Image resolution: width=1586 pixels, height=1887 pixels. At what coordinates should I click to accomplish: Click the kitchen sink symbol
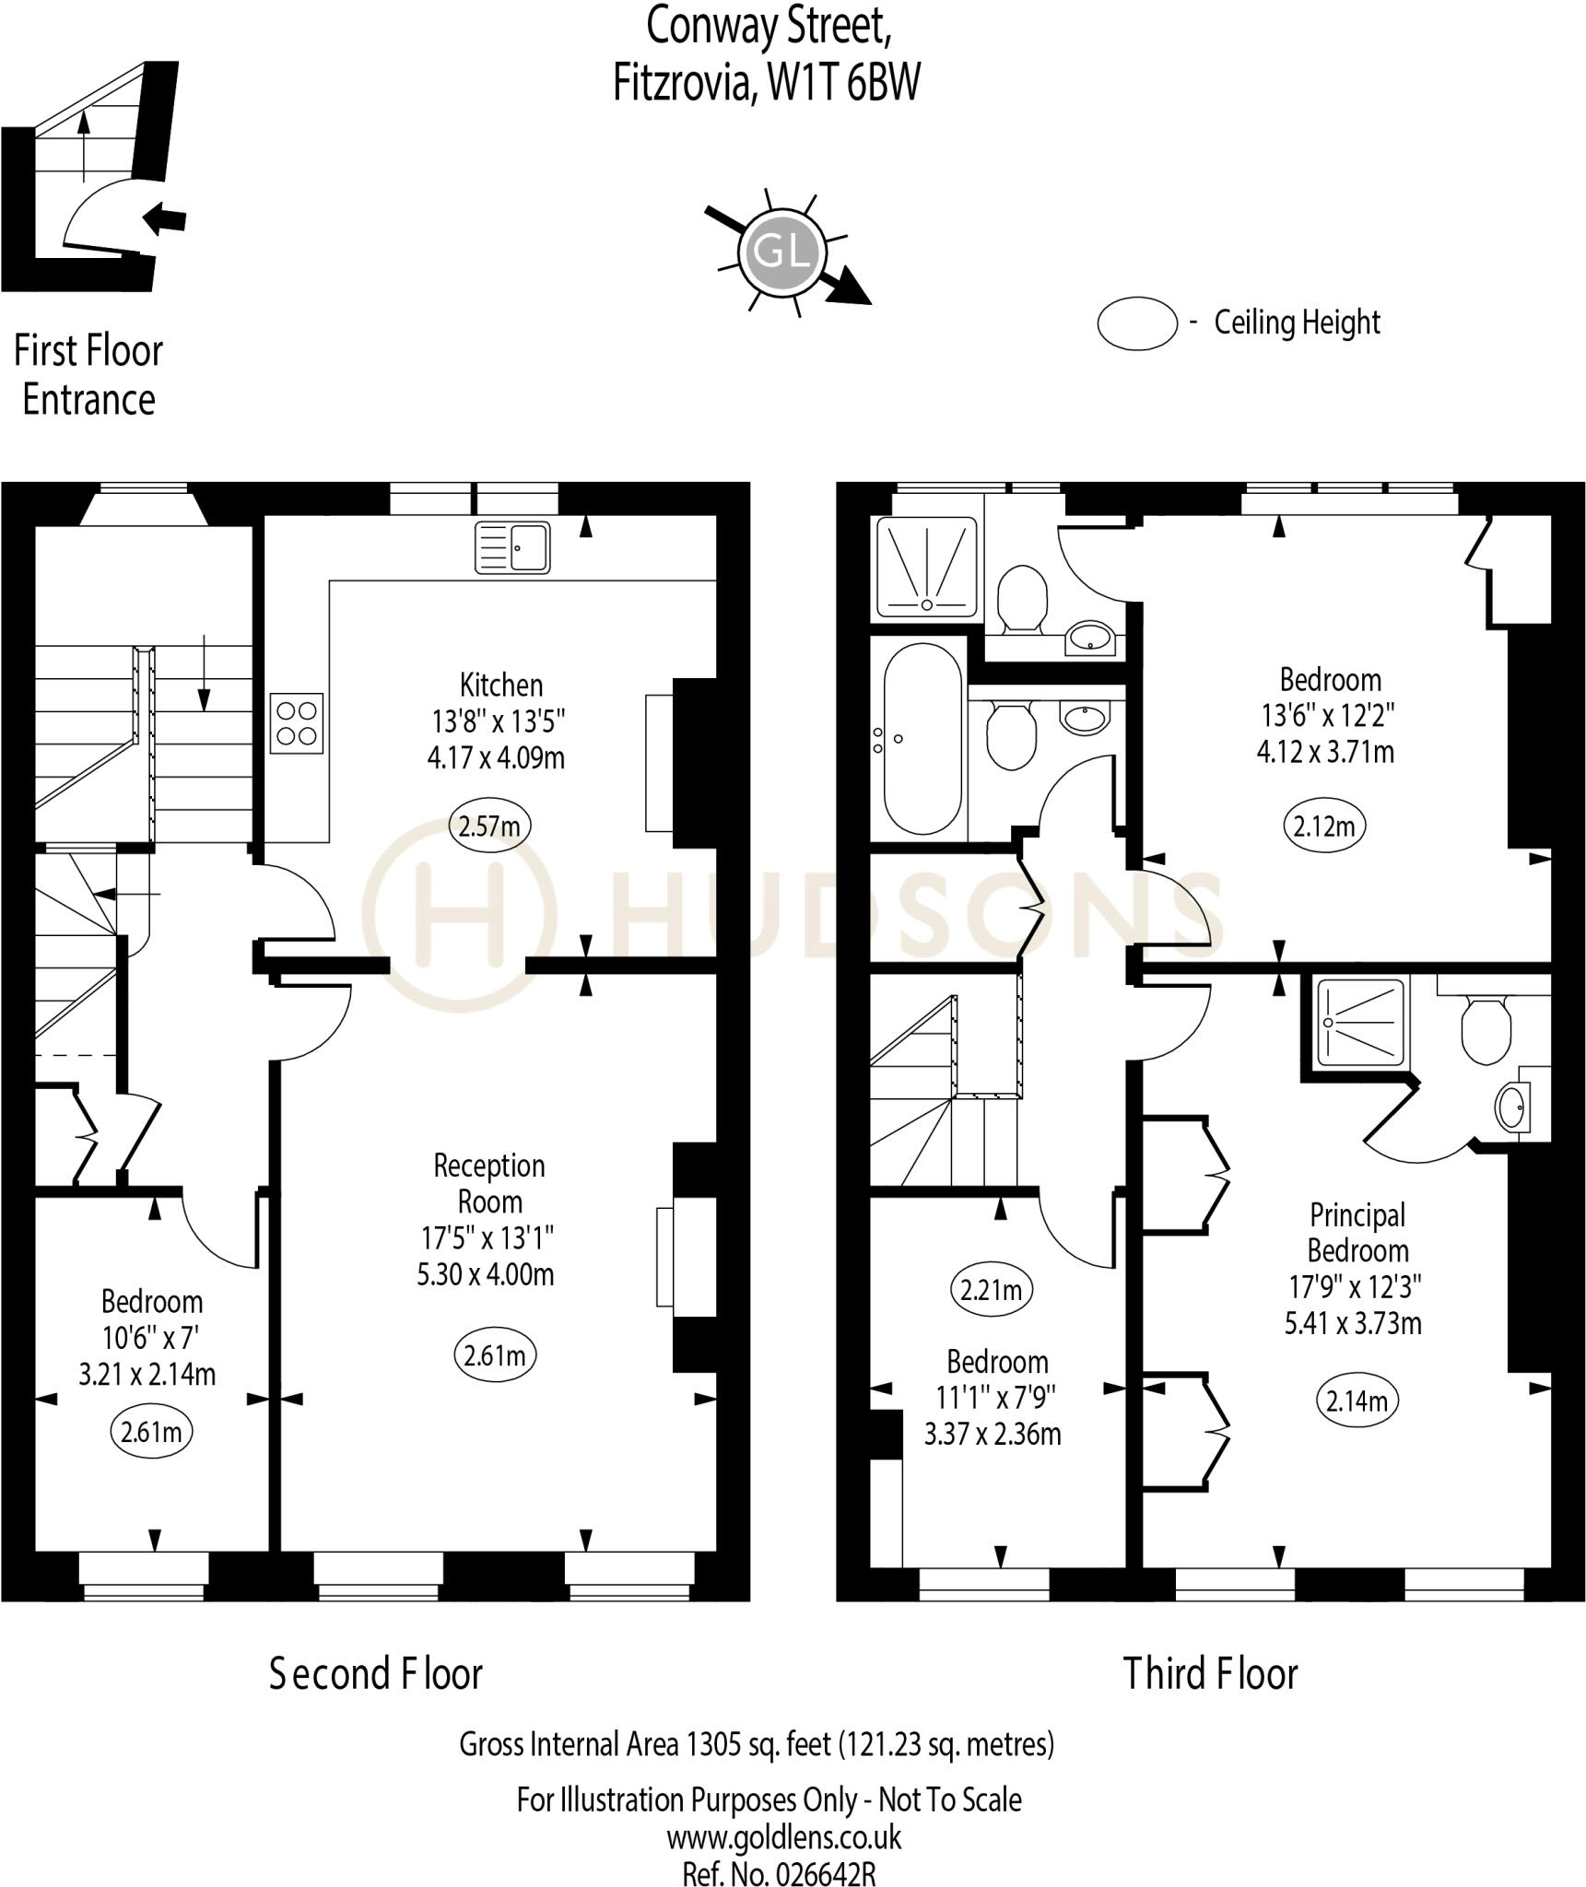point(512,547)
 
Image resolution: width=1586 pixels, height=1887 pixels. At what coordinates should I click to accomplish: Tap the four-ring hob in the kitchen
point(297,723)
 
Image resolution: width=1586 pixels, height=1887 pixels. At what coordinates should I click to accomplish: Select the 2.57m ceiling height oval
point(489,826)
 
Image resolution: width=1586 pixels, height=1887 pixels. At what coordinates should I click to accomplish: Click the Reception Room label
point(489,1184)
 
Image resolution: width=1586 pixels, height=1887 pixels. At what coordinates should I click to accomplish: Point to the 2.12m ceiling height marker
point(1324,826)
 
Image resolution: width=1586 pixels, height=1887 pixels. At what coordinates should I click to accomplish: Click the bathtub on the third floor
point(922,738)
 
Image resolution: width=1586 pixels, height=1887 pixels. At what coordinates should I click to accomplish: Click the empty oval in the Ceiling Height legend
point(1137,323)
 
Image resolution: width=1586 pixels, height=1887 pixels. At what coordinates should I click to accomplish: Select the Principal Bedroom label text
point(1357,1233)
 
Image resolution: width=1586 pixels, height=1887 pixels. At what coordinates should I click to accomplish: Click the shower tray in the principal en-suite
point(1361,1021)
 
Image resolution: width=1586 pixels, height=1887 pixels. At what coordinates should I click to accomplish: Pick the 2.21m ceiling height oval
point(991,1290)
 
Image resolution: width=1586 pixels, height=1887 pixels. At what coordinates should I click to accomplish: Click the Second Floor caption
point(376,1674)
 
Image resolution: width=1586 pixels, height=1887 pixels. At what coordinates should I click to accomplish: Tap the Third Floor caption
point(1210,1674)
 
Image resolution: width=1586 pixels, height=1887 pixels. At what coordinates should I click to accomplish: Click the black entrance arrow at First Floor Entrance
point(167,219)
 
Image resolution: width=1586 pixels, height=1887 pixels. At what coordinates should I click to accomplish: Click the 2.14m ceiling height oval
point(1357,1401)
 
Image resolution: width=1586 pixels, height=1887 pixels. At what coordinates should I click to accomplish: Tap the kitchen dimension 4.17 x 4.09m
point(496,757)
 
